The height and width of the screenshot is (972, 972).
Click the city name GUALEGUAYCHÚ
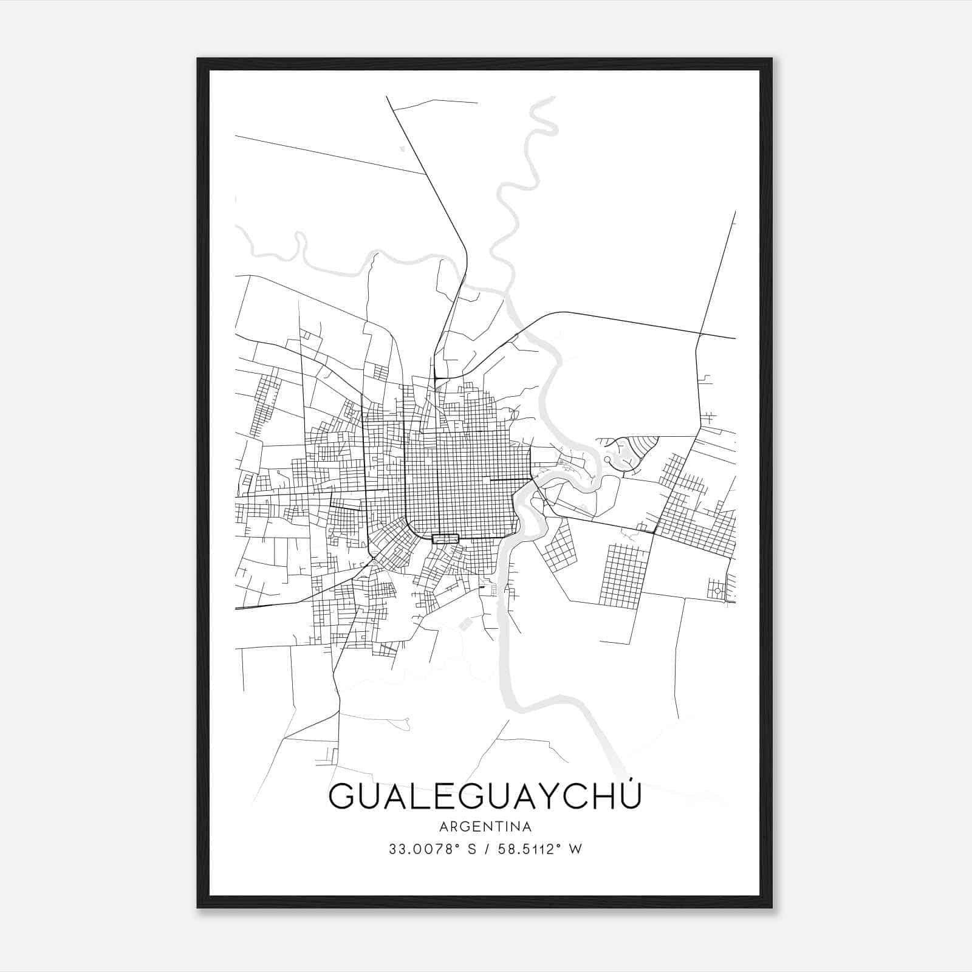click(x=485, y=796)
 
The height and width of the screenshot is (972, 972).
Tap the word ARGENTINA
click(x=485, y=827)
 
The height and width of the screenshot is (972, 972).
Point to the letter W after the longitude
click(x=576, y=849)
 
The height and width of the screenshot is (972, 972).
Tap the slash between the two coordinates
click(x=484, y=849)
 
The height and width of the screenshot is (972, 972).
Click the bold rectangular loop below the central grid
click(x=444, y=538)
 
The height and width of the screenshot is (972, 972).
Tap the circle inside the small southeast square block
click(x=717, y=590)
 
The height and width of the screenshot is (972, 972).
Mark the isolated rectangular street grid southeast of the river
click(x=623, y=575)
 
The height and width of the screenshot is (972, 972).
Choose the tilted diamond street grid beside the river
click(x=559, y=547)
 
